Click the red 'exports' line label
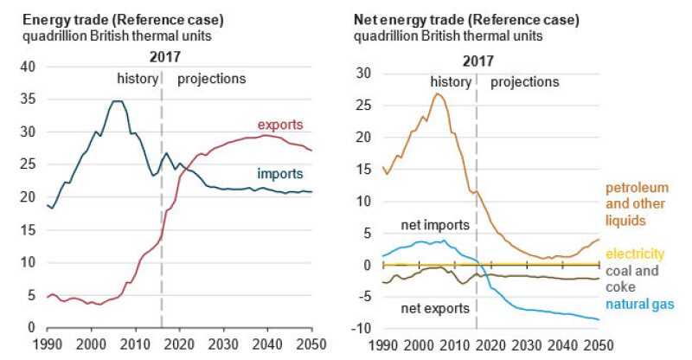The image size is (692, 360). pyautogui.click(x=280, y=126)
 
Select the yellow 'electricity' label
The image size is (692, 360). pyautogui.click(x=635, y=254)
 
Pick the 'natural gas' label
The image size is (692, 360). pyautogui.click(x=639, y=304)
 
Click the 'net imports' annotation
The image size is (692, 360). pyautogui.click(x=435, y=225)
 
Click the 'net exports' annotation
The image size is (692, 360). pyautogui.click(x=435, y=308)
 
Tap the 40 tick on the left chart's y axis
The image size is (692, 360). pyautogui.click(x=27, y=67)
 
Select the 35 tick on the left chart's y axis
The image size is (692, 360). pyautogui.click(x=27, y=100)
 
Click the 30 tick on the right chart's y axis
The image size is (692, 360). pyautogui.click(x=363, y=74)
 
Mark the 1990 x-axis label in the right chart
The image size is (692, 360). pyautogui.click(x=381, y=344)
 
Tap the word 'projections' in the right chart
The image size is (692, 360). pyautogui.click(x=524, y=82)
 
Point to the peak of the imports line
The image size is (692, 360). pyautogui.click(x=117, y=101)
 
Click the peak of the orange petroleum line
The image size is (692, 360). pyautogui.click(x=438, y=93)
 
